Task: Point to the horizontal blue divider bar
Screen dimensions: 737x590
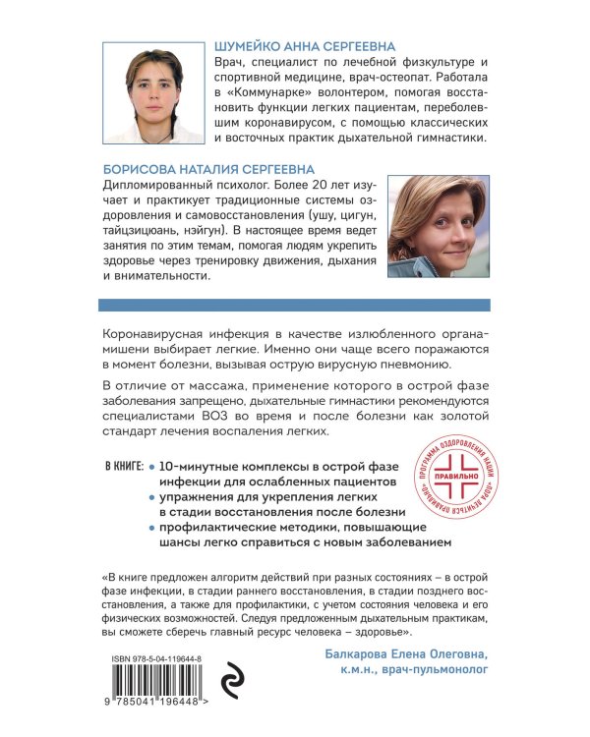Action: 294,306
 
